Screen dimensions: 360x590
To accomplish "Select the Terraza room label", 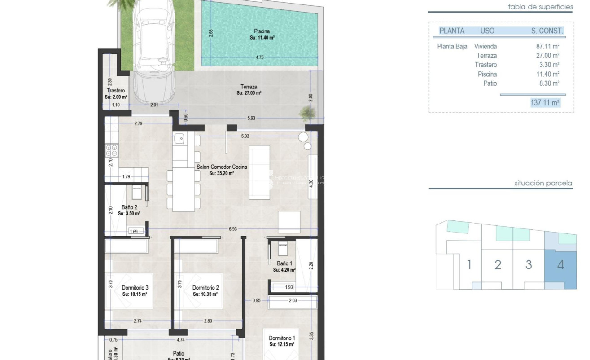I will click(249, 87).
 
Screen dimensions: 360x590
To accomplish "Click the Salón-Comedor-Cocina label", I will click(222, 167).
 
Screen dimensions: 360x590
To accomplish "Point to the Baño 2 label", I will click(129, 207).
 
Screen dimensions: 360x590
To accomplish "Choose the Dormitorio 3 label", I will click(135, 288).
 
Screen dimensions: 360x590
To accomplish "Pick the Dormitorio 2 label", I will click(205, 288).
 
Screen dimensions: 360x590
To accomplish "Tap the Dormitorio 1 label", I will click(282, 338).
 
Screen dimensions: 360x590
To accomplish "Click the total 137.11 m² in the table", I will click(545, 103).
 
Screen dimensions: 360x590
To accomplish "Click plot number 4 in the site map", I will click(560, 265).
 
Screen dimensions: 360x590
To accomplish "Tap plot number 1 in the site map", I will click(469, 265).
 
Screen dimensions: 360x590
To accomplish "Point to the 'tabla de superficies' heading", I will click(540, 7).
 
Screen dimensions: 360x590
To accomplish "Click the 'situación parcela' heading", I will click(543, 183).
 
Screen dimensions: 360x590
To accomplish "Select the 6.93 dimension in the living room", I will click(232, 229).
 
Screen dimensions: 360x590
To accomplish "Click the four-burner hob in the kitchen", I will click(112, 150).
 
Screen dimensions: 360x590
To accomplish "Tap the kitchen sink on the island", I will click(180, 138).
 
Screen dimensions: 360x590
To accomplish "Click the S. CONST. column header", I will click(546, 31).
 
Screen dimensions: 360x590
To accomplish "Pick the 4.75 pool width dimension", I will click(259, 57).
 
